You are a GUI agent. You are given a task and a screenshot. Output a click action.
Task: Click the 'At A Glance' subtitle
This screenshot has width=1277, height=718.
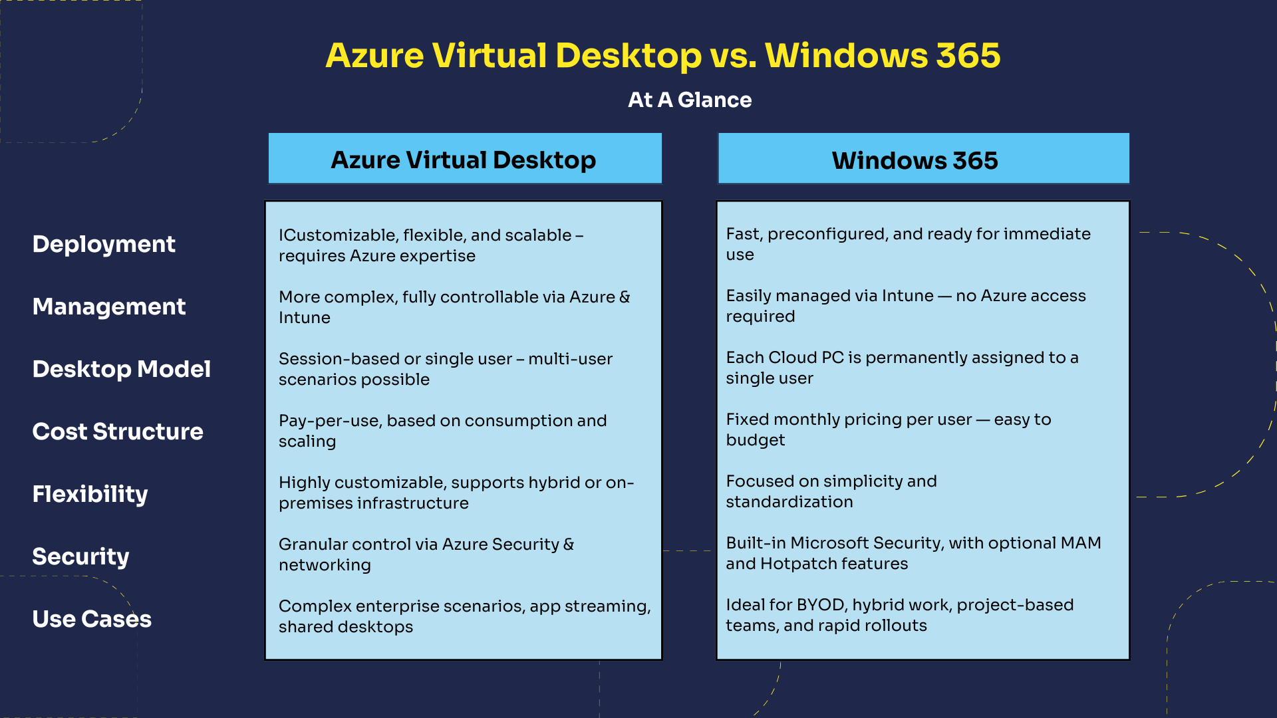click(690, 100)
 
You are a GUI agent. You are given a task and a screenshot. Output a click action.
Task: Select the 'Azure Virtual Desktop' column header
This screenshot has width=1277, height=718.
click(464, 160)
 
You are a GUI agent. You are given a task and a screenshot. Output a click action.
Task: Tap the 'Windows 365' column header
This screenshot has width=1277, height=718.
click(915, 160)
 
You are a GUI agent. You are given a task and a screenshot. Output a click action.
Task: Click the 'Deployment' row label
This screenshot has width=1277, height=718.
click(104, 244)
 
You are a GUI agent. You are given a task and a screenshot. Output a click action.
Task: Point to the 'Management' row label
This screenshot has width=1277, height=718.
click(109, 306)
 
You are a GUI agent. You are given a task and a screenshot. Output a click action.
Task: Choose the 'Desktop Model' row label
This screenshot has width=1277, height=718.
click(122, 369)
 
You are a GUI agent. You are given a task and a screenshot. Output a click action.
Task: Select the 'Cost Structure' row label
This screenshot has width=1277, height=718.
click(118, 431)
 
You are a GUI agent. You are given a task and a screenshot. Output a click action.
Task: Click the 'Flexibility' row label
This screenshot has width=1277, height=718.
click(90, 494)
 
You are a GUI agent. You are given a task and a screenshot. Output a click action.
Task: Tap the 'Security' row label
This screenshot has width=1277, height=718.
click(80, 556)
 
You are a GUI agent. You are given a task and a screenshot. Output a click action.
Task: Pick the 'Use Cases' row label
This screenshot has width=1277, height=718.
click(92, 619)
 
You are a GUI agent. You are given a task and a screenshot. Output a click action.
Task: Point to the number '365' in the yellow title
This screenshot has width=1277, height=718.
click(968, 55)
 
